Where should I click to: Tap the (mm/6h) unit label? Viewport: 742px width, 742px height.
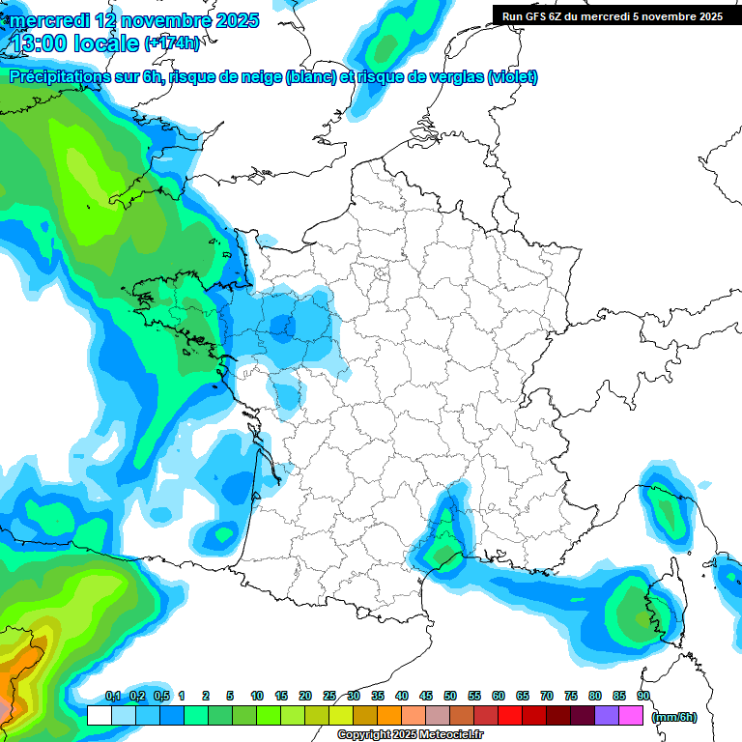click(674, 716)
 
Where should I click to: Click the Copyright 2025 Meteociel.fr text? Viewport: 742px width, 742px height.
click(410, 735)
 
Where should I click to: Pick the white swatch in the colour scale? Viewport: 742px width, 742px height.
click(99, 715)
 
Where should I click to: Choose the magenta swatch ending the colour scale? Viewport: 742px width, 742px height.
click(631, 715)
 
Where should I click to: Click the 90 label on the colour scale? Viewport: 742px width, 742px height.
click(642, 696)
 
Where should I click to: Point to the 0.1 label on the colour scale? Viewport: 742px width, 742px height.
click(112, 696)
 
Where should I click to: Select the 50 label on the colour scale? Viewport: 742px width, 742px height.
click(450, 696)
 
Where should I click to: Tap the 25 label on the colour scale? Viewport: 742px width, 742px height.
click(329, 696)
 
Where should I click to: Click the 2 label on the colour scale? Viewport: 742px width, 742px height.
click(206, 696)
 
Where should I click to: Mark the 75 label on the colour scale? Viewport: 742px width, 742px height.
click(571, 696)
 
